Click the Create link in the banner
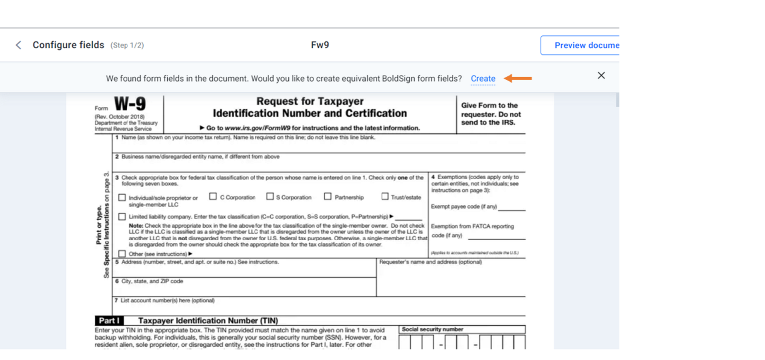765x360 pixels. click(x=483, y=79)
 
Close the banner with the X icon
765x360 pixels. click(x=601, y=76)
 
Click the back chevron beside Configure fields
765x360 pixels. click(x=18, y=45)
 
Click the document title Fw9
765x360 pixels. click(x=320, y=45)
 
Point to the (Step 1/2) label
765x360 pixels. click(x=127, y=46)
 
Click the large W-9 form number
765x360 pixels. click(x=129, y=104)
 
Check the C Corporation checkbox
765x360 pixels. click(x=213, y=197)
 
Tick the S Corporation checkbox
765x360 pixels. click(x=270, y=197)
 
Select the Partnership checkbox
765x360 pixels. click(x=328, y=197)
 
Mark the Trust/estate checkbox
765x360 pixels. click(x=385, y=197)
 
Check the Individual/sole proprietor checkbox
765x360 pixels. click(x=122, y=198)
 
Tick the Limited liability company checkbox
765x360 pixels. click(x=122, y=217)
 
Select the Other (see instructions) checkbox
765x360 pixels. click(x=122, y=254)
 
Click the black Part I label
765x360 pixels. click(x=109, y=321)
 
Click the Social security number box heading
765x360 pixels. click(x=432, y=329)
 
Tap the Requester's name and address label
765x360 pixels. click(x=430, y=262)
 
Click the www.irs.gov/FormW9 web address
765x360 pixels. click(x=257, y=128)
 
